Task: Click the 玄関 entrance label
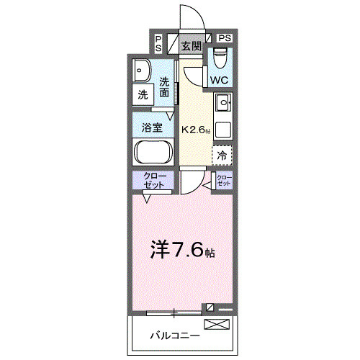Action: coord(191,46)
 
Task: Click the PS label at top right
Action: coord(225,37)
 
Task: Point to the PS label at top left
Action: coord(158,43)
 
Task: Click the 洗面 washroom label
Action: coord(166,86)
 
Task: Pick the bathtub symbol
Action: coord(152,153)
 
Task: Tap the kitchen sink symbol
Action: coord(223,104)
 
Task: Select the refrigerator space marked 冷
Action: coord(222,154)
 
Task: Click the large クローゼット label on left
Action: coord(152,180)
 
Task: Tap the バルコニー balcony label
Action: coord(175,335)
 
